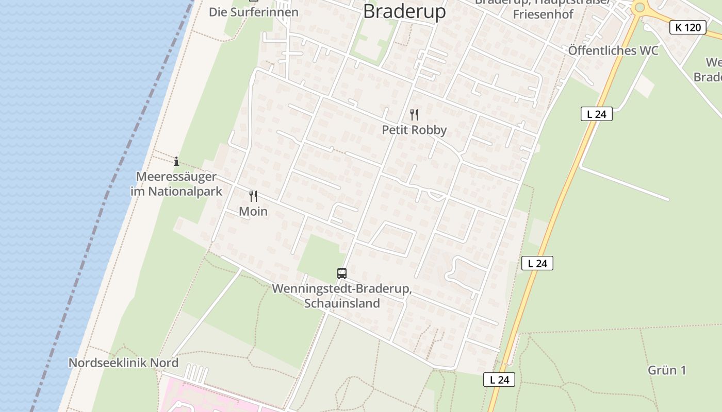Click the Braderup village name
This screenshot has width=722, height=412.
(x=404, y=11)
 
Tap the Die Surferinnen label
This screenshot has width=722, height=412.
(x=253, y=12)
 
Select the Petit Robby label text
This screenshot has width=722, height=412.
(x=414, y=130)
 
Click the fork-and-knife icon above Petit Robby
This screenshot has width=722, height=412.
(x=414, y=114)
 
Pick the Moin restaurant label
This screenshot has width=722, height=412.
(x=253, y=211)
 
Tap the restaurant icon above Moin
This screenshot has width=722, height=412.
(x=253, y=196)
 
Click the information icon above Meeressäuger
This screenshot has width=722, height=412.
(x=176, y=161)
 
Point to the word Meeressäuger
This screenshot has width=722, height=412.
(x=176, y=177)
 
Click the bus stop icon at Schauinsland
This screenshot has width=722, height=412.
(x=342, y=273)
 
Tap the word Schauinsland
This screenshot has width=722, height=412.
(x=342, y=303)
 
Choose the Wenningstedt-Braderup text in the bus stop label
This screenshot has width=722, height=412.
(x=341, y=289)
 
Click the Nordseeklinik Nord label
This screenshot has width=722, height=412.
(x=123, y=363)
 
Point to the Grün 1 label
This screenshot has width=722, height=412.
(x=667, y=370)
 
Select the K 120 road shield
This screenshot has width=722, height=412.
(x=688, y=27)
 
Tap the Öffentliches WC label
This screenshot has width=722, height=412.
(x=613, y=50)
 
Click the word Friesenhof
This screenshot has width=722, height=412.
(x=543, y=14)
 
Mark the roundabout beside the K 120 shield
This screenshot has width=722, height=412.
(x=640, y=7)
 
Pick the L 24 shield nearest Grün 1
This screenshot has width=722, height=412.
(x=499, y=380)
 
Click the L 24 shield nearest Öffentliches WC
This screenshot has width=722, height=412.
(x=597, y=114)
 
